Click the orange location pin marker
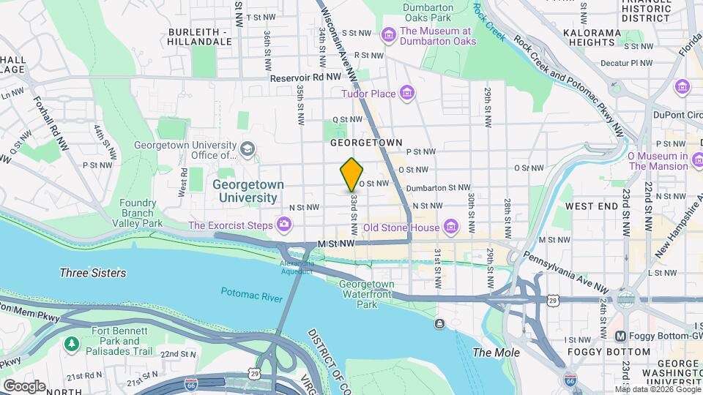click(351, 174)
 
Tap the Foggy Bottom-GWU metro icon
click(620, 336)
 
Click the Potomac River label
click(251, 293)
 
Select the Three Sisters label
click(92, 273)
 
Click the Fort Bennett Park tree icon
click(71, 343)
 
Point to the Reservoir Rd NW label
click(305, 77)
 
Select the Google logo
click(24, 385)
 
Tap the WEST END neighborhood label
click(592, 207)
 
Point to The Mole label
click(496, 353)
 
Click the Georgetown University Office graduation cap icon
click(248, 149)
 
